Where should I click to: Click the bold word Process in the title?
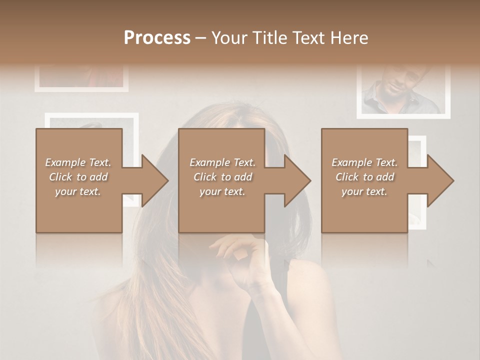click(157, 38)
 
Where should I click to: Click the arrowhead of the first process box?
click(154, 180)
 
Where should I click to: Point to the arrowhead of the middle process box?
click(296, 180)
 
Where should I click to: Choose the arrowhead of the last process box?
click(440, 180)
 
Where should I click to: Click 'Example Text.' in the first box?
click(78, 162)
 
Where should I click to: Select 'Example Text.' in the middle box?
click(222, 162)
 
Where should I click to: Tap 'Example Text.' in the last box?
click(364, 162)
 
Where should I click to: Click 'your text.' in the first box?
click(78, 191)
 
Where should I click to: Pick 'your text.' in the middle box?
click(222, 191)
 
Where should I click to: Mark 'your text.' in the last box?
click(364, 191)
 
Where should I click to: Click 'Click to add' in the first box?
click(78, 177)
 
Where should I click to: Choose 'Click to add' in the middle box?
click(222, 177)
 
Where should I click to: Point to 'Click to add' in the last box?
click(364, 177)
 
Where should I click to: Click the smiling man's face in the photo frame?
click(395, 80)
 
